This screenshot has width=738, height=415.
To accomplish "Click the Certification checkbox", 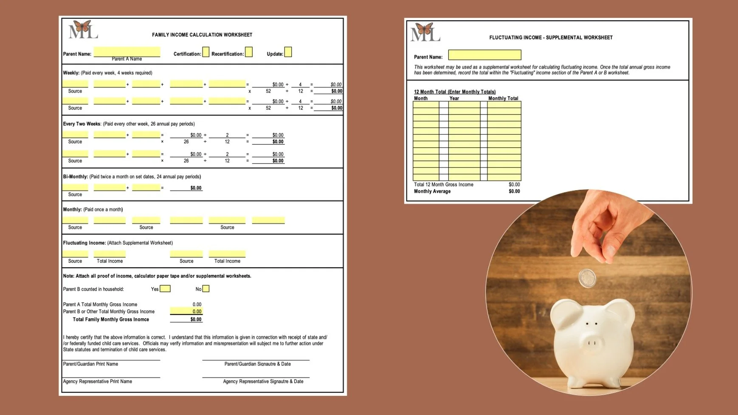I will pos(206,52).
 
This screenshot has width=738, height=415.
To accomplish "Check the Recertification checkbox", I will pos(249,52).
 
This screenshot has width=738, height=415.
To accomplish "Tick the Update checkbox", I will pos(288,52).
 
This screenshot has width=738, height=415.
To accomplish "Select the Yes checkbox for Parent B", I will pos(165,289).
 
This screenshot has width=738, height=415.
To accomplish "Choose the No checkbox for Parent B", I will pos(206,289).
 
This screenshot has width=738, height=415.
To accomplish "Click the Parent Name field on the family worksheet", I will pos(127,52).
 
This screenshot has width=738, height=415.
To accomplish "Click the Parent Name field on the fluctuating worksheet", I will pos(484,55).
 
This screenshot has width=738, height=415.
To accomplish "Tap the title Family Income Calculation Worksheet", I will pos(202,35).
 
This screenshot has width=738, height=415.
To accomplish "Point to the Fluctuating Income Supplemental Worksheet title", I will pos(551,38).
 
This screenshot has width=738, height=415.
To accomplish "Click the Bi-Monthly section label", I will pos(76,177).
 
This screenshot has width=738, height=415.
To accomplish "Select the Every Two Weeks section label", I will pos(82,124).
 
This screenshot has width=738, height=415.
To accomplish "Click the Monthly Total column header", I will pos(503,98).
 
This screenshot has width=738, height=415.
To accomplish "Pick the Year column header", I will pos(454,98).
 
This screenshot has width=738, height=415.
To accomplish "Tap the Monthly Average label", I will pos(432,191).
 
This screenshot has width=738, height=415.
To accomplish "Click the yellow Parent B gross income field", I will pos(186,311).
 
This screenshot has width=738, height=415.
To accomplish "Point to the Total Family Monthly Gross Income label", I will pos(111,320).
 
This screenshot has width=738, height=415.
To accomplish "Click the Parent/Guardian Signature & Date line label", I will pos(257,364).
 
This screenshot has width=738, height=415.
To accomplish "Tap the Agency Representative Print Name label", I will pos(98,381).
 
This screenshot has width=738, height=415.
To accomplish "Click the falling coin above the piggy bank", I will pos(588,278).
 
